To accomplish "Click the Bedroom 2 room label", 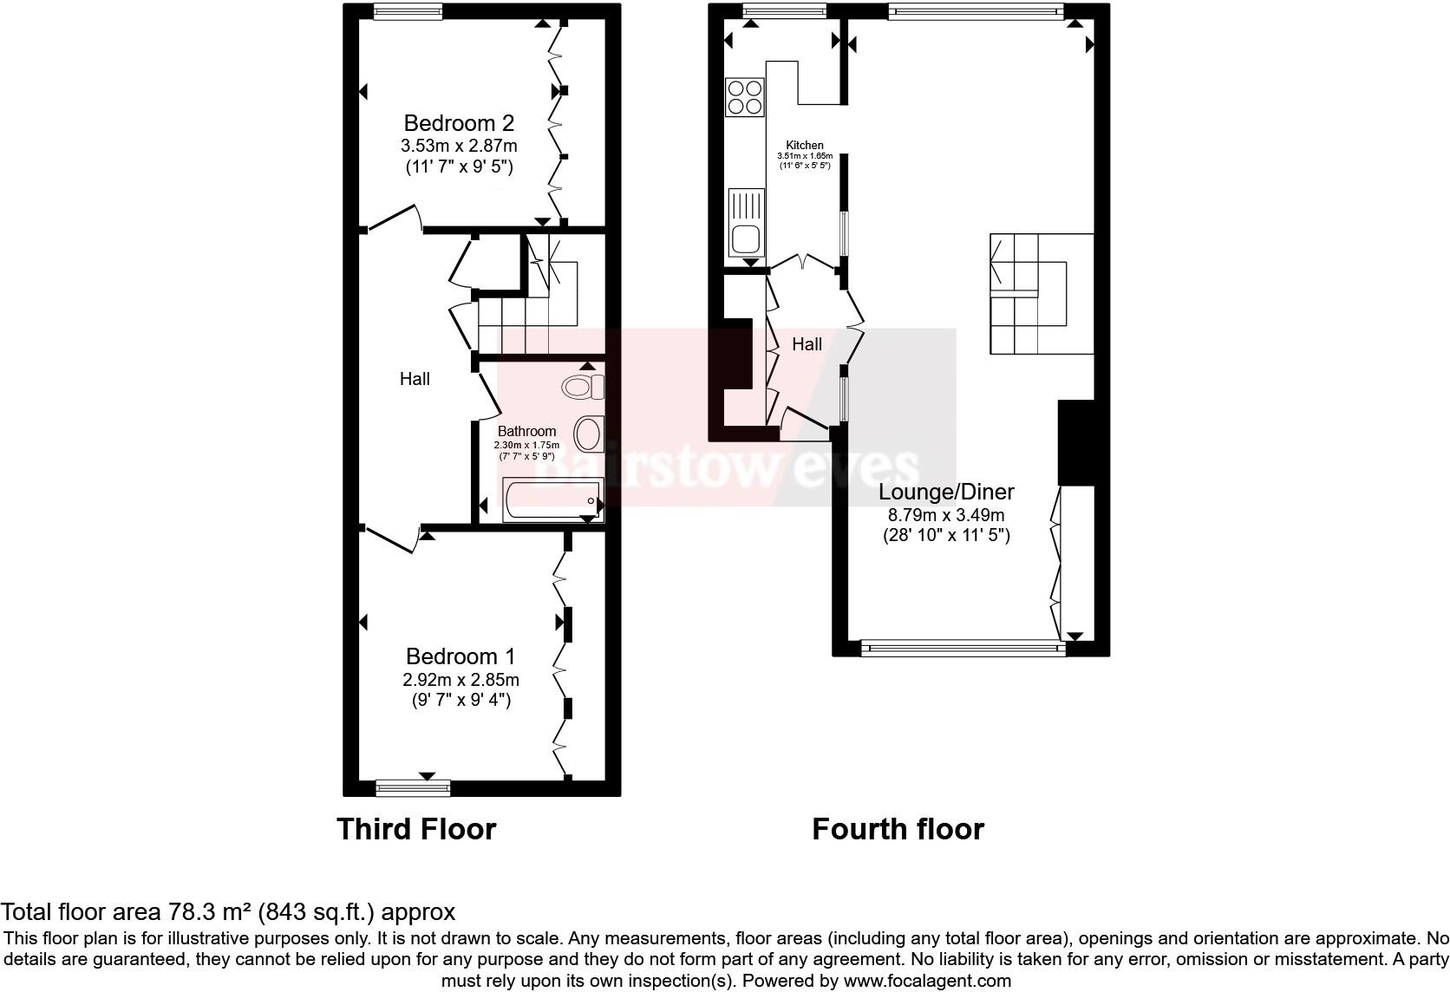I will pos(459,123).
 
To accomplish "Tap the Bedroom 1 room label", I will pos(460,656).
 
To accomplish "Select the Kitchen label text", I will pos(804,145).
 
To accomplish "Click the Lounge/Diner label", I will pos(946,492).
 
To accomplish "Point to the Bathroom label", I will pos(526,431).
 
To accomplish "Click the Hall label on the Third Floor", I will pos(415,379).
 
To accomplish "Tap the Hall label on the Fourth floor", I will pos(807,344).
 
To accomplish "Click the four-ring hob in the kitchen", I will pos(745,96).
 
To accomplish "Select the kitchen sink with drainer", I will pos(746,221).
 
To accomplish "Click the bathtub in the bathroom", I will pos(552,500).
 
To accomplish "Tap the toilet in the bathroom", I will pos(583,386).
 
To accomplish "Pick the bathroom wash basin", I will pos(589,434).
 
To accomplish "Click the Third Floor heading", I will pos(416,829).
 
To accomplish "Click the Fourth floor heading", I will pos(898,829).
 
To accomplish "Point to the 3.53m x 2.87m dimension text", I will pos(460,146).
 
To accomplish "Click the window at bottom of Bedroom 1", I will pos(413,787).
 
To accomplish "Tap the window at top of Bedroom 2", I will pos(408,10).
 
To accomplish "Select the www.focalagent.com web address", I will pos(927,982).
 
